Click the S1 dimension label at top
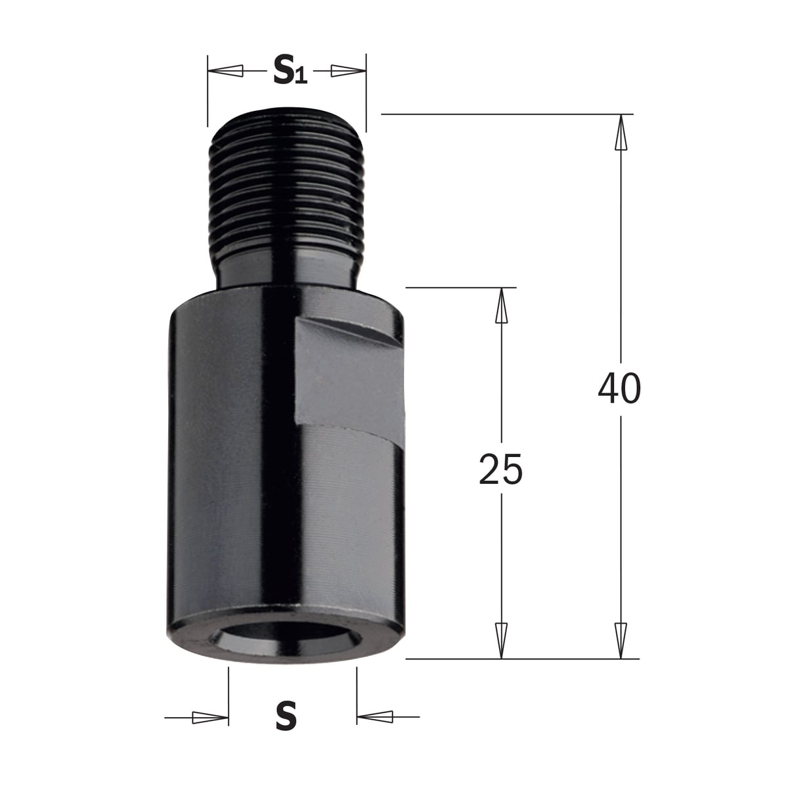click(x=290, y=70)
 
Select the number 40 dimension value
click(x=619, y=388)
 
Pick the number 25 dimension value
click(x=500, y=469)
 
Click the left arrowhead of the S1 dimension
click(x=226, y=71)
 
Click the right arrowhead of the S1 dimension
click(x=349, y=71)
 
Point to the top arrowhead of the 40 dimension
click(x=621, y=132)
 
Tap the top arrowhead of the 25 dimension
click(x=501, y=305)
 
